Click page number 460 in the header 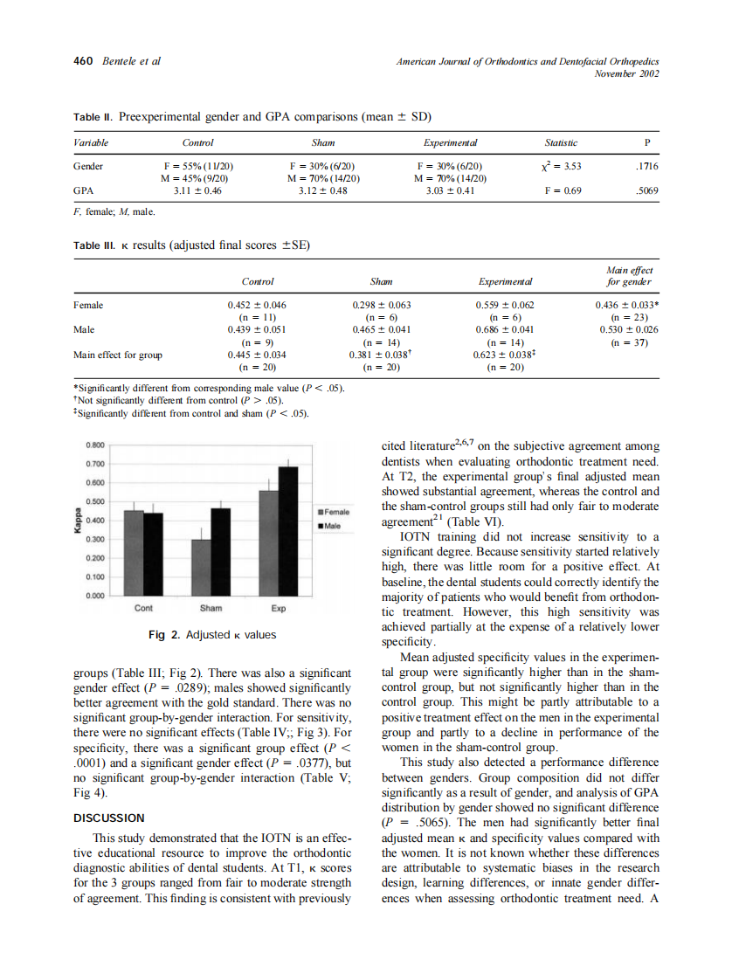pyautogui.click(x=82, y=61)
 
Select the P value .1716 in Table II pyautogui.click(x=646, y=165)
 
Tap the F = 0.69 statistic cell pyautogui.click(x=561, y=190)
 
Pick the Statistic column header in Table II pyautogui.click(x=561, y=142)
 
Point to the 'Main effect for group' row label pyautogui.click(x=118, y=355)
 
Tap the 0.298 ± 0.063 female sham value pyautogui.click(x=381, y=305)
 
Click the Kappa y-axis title pyautogui.click(x=77, y=521)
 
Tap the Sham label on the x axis pyautogui.click(x=211, y=608)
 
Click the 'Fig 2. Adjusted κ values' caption pyautogui.click(x=212, y=635)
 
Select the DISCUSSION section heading pyautogui.click(x=109, y=818)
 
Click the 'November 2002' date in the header pyautogui.click(x=626, y=73)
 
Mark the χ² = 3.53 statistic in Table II pyautogui.click(x=561, y=165)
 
